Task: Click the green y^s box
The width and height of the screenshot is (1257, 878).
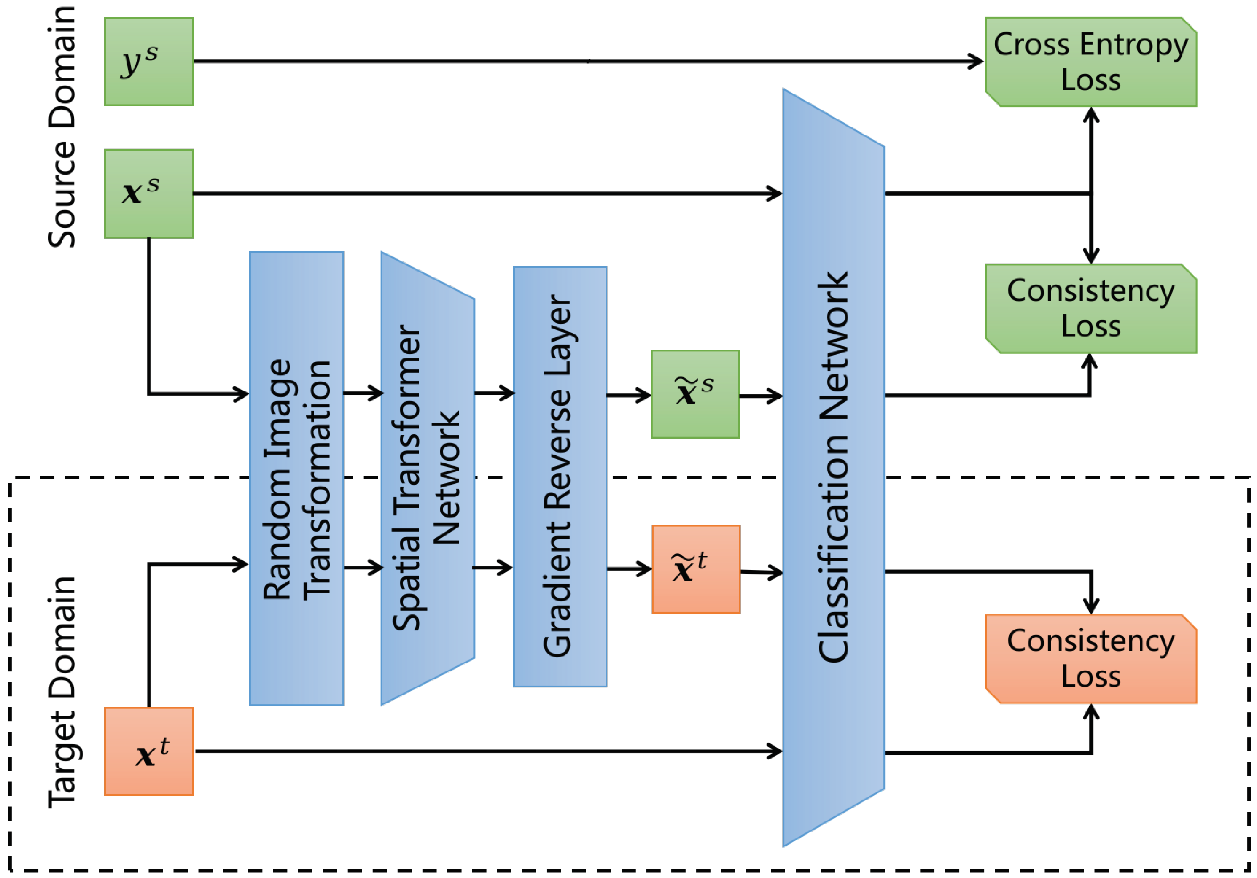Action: tap(148, 61)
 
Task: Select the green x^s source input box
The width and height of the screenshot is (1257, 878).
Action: tap(148, 193)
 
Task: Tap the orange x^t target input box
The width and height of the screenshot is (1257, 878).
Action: tap(148, 751)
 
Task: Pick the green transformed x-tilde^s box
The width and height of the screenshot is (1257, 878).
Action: tap(695, 394)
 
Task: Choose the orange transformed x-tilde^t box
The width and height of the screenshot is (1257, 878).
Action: tap(695, 569)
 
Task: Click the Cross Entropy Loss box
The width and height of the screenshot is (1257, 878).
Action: tap(1090, 62)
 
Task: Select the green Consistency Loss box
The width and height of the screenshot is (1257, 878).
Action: tap(1090, 309)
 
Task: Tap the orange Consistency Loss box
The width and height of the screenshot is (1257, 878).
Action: tap(1090, 659)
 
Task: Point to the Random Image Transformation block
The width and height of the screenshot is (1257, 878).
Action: tap(296, 478)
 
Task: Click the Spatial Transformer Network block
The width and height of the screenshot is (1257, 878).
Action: tap(427, 478)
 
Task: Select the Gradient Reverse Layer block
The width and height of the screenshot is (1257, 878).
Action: tap(560, 476)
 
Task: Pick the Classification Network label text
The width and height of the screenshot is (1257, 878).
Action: tap(833, 466)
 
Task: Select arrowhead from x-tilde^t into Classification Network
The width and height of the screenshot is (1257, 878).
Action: tap(776, 573)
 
